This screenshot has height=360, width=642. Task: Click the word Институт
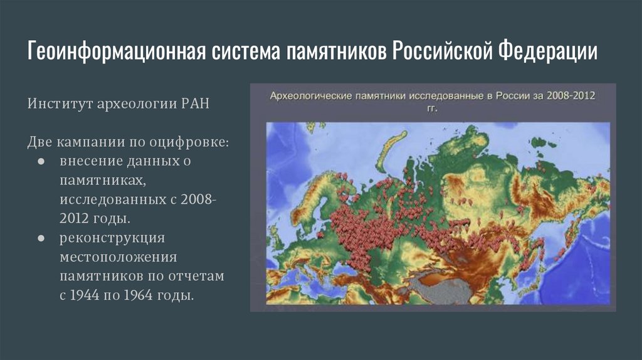[59, 103]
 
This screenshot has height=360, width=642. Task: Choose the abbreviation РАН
[192, 103]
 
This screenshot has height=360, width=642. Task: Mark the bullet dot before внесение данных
[39, 161]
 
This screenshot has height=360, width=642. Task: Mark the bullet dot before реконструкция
[39, 238]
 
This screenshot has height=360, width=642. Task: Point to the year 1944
[89, 295]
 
